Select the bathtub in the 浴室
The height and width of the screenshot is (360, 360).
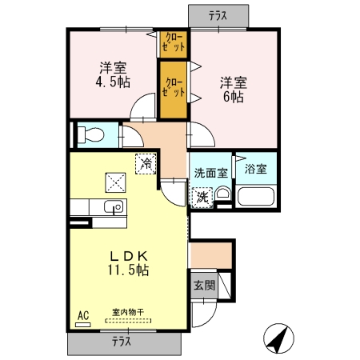(x=256, y=198)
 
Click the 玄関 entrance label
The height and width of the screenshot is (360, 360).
(x=203, y=285)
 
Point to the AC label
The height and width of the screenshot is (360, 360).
(x=82, y=314)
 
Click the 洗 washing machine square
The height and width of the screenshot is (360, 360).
(x=202, y=196)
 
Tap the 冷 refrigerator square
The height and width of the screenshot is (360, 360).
(x=146, y=162)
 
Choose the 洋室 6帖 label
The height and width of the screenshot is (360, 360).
(x=233, y=87)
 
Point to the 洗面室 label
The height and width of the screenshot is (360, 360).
(x=210, y=172)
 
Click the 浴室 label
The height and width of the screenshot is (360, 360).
(x=255, y=169)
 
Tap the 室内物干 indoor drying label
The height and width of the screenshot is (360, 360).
(x=127, y=314)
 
